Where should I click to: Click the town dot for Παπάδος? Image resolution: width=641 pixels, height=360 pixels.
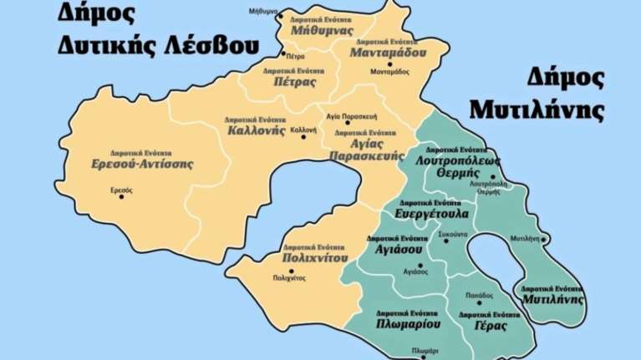pos(480,302)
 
